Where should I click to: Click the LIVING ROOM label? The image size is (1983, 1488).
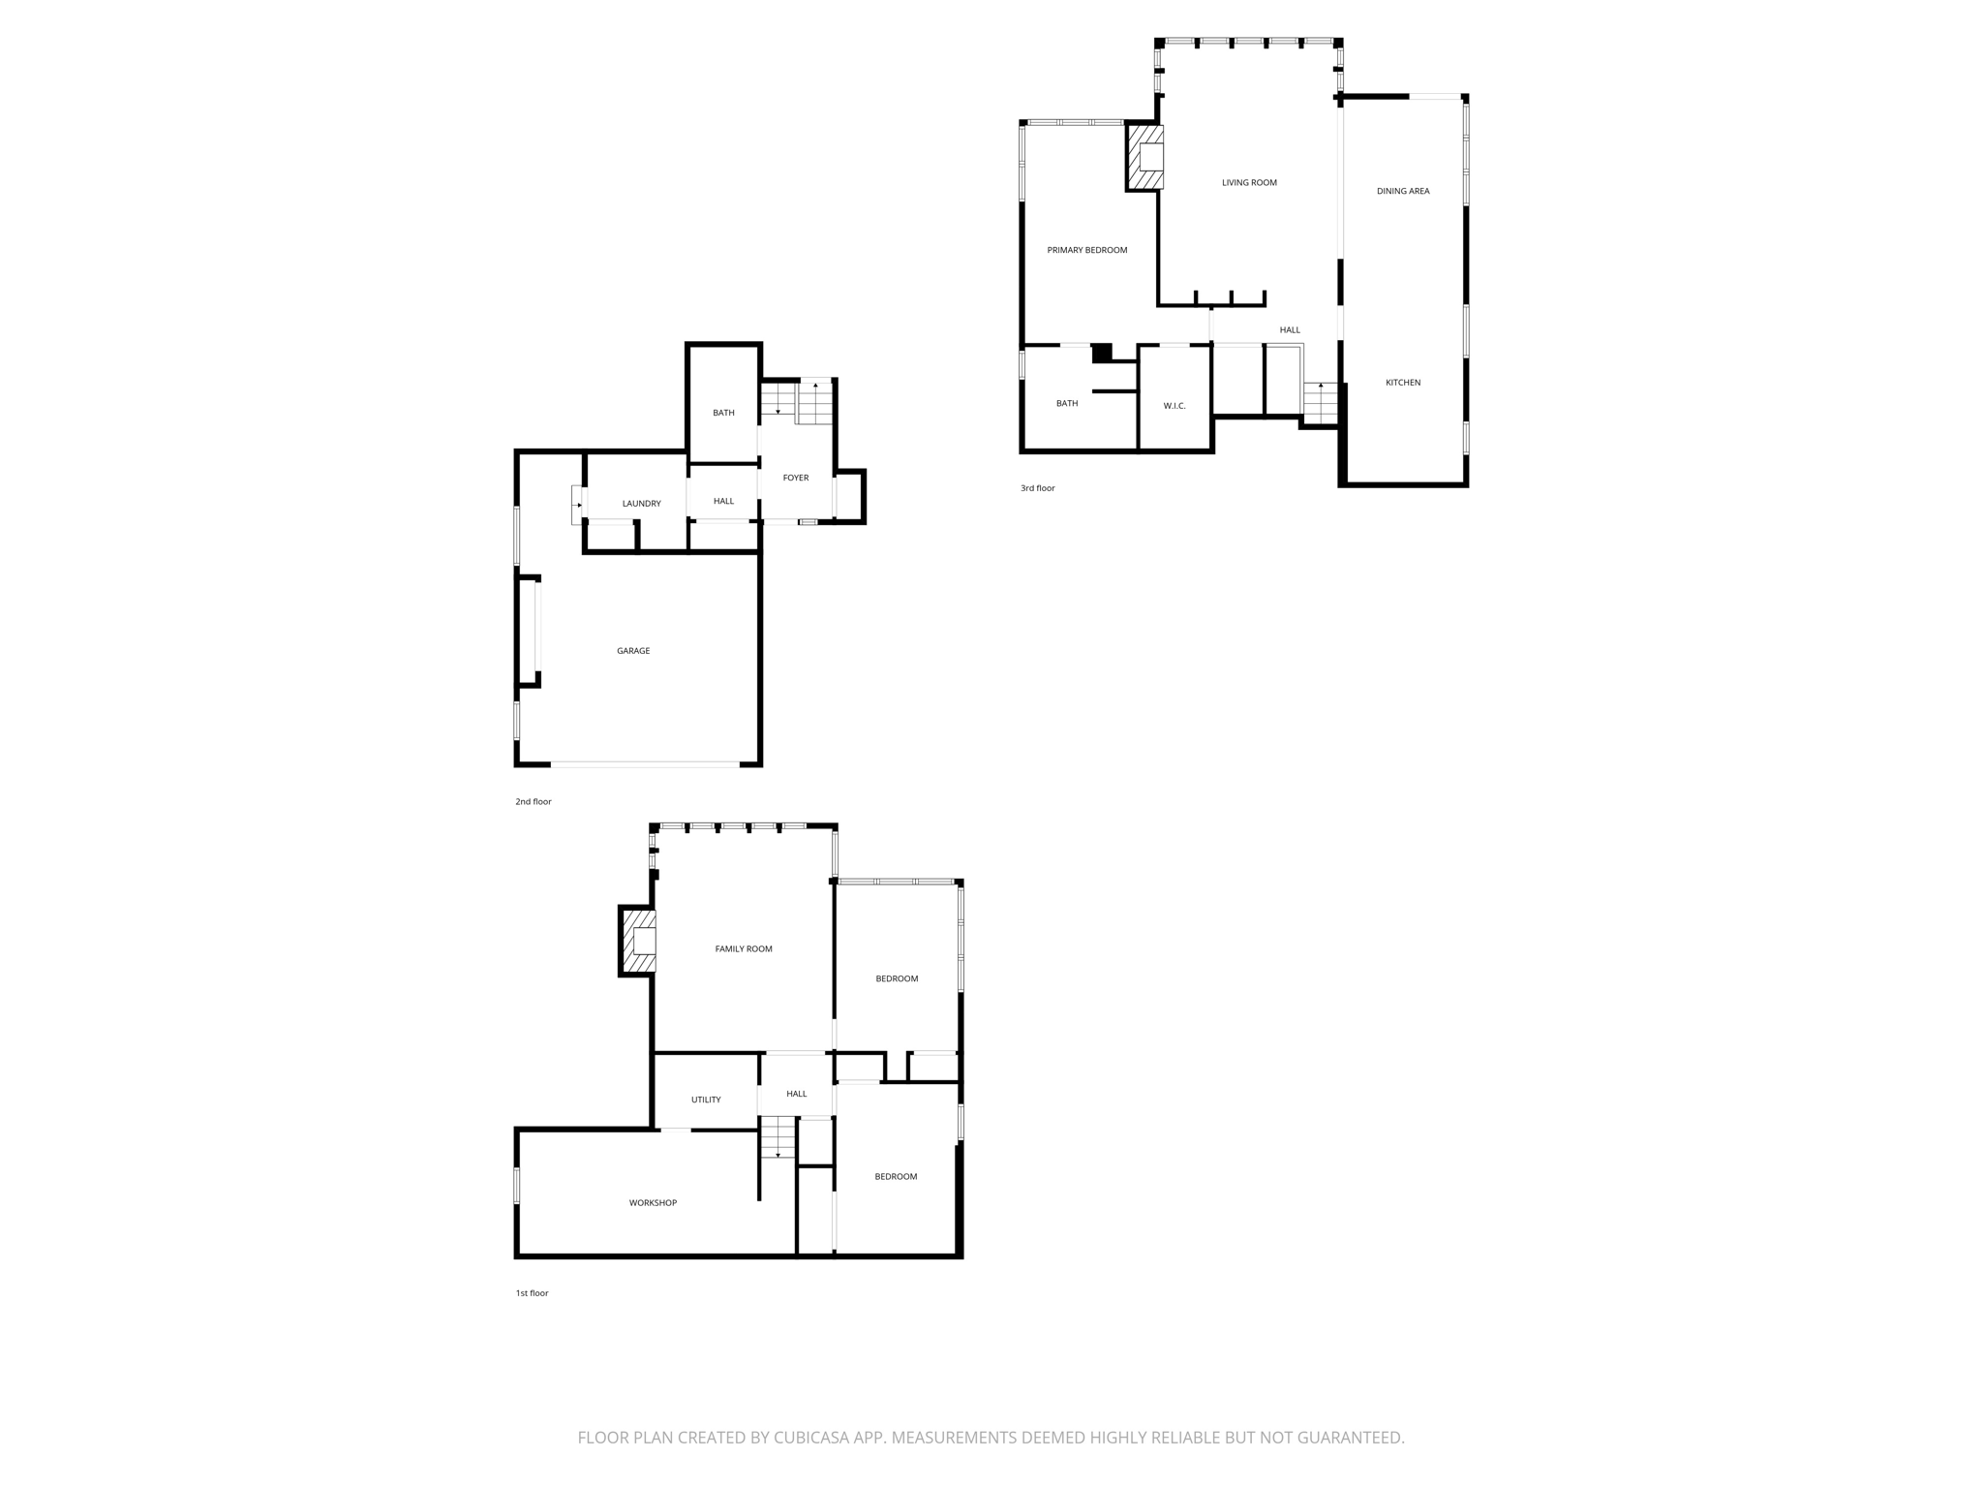[1249, 182]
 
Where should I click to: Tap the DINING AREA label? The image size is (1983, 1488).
[1403, 191]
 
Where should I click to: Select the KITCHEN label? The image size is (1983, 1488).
[1403, 383]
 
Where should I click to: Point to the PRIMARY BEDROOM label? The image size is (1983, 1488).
[1086, 250]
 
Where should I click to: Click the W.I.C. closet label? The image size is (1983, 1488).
[1175, 406]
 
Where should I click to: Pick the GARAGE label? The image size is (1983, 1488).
[633, 651]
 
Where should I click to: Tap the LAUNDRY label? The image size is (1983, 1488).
[641, 504]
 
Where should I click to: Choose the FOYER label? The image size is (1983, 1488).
[796, 478]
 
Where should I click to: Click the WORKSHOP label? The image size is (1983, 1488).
[653, 1203]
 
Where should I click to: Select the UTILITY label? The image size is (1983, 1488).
[706, 1100]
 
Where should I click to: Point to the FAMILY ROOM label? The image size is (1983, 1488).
[744, 949]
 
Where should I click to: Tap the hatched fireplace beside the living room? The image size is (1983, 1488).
[1145, 157]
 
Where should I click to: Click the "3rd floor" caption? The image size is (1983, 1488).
[1037, 488]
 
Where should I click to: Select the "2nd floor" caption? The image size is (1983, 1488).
[533, 802]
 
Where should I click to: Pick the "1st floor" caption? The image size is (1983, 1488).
[532, 1293]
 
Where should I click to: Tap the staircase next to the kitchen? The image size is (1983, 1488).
[1321, 403]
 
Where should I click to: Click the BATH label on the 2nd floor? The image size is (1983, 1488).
[723, 413]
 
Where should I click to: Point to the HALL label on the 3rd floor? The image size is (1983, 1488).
[1290, 330]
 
